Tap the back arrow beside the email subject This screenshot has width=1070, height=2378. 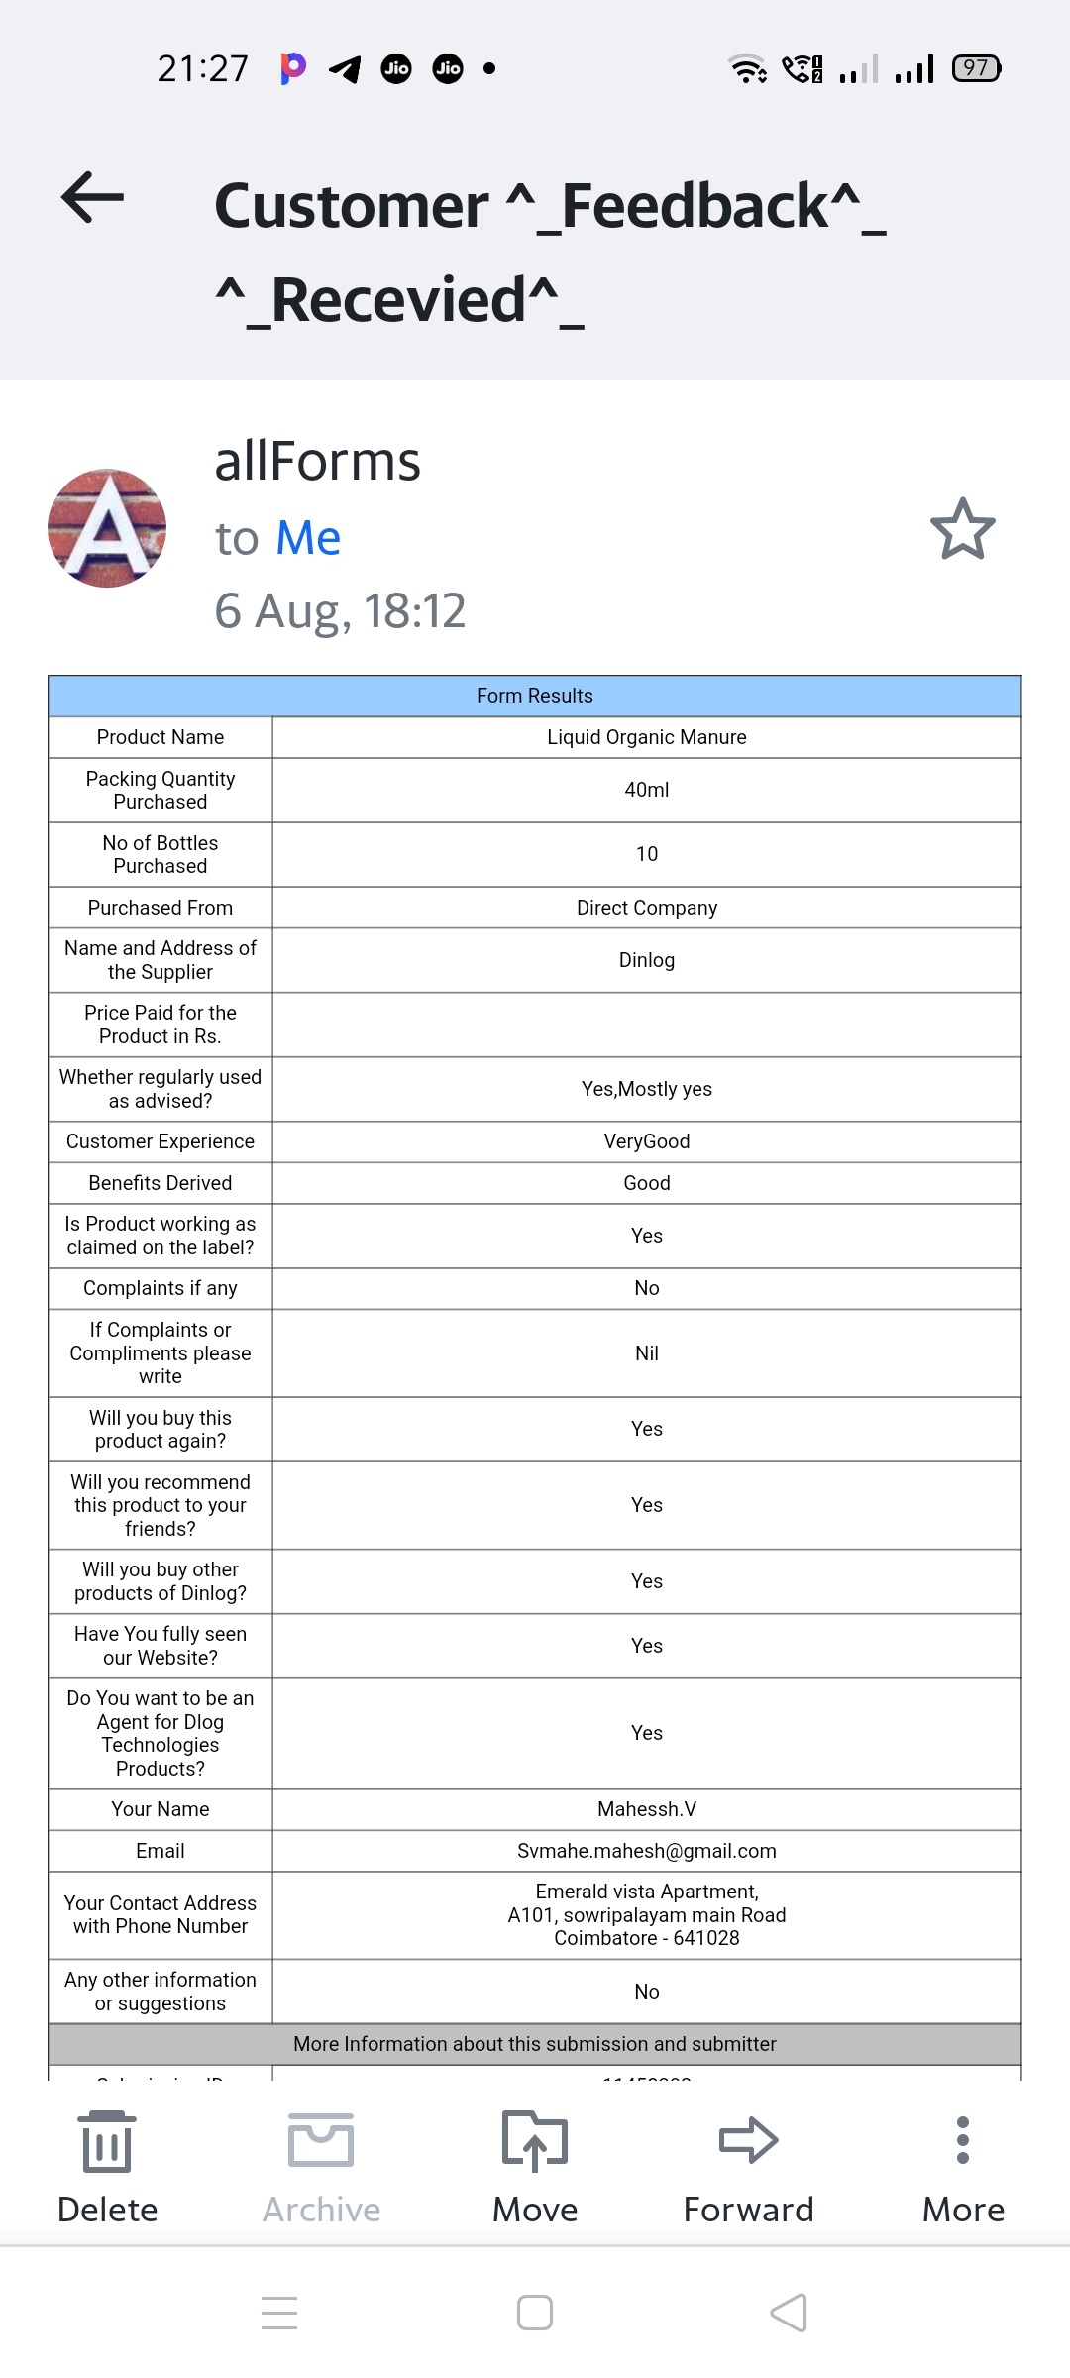click(93, 197)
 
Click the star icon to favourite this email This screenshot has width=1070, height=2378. click(962, 529)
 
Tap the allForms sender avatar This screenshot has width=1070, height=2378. click(107, 528)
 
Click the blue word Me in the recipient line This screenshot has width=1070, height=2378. click(308, 538)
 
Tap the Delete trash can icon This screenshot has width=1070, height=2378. click(107, 2141)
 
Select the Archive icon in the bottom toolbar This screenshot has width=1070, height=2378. click(321, 2141)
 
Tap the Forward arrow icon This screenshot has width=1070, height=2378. click(749, 2140)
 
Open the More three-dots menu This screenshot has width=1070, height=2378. click(963, 2140)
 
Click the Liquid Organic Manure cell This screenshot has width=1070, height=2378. click(647, 737)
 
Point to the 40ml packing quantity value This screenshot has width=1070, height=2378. click(647, 790)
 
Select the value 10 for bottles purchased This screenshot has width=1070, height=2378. click(647, 854)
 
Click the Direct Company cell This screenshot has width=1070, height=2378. click(647, 908)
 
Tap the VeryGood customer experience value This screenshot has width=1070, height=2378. click(647, 1141)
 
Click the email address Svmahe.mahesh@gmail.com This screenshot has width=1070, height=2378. click(647, 1851)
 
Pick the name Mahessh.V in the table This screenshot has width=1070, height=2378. click(647, 1809)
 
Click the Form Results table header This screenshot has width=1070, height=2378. click(535, 696)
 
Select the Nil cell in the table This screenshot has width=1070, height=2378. click(647, 1353)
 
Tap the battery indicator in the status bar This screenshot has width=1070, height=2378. click(976, 68)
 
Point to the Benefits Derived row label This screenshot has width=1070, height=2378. click(160, 1183)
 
